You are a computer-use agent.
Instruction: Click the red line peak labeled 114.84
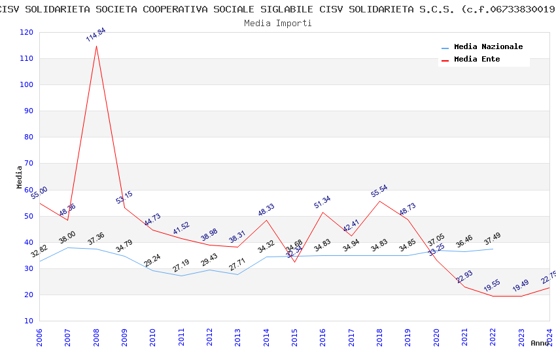[96, 46]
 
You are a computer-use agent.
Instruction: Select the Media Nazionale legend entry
[488, 47]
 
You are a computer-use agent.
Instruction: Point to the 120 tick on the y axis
[27, 33]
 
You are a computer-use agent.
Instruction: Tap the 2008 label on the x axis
[96, 338]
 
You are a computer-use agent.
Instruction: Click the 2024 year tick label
[549, 338]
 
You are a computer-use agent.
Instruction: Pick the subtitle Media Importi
[278, 23]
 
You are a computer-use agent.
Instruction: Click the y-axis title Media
[20, 177]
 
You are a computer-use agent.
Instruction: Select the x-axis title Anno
[540, 343]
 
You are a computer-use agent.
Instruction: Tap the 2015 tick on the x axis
[294, 338]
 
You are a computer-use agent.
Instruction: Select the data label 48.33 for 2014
[266, 210]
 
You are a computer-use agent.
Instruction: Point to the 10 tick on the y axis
[29, 321]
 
